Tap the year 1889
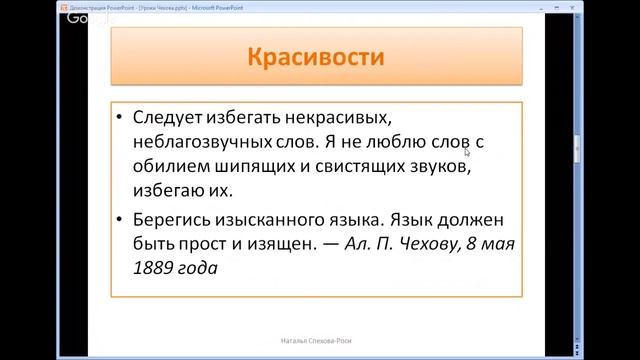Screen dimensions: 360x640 click(x=152, y=269)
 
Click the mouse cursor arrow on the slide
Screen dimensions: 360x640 click(x=467, y=153)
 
